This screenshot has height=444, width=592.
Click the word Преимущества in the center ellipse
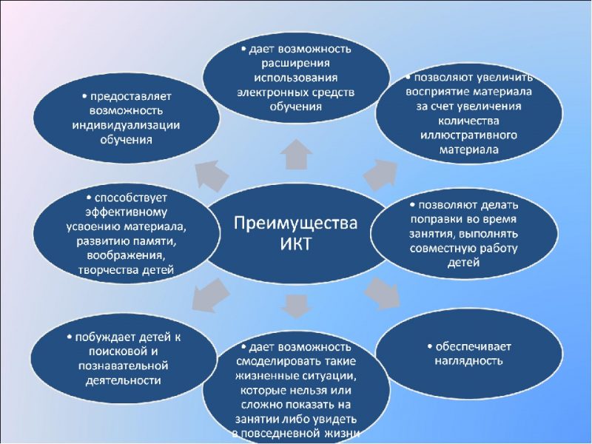pos(295,223)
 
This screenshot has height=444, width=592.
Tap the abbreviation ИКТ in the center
pos(295,245)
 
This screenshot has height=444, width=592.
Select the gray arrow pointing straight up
pos(297,155)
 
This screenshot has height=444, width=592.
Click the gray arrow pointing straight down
pos(297,306)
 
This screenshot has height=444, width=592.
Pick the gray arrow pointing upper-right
pos(381,175)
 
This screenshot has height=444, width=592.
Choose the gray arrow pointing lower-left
pos(210,295)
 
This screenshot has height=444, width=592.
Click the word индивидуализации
pos(126,126)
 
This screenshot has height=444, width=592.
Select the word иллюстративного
pos(468,135)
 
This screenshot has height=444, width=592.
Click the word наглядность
pos(468,361)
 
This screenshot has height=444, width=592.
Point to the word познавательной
pos(123,366)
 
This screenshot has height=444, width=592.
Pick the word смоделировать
pos(275,361)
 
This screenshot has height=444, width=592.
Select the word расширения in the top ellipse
pos(296,64)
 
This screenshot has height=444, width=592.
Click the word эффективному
pos(126,212)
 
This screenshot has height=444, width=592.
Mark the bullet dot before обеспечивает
pos(430,346)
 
